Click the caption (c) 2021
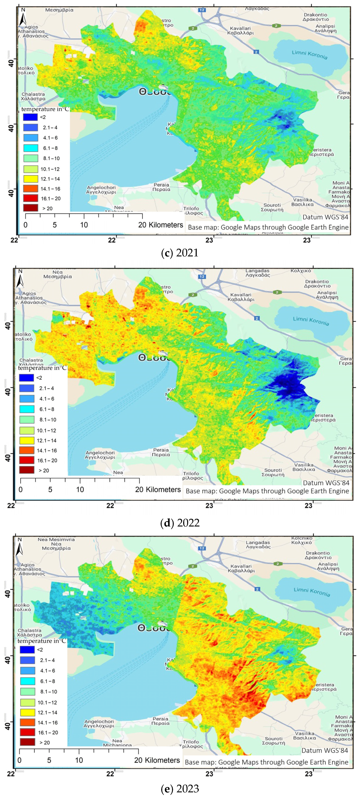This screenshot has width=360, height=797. (x=180, y=253)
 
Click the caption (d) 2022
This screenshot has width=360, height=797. (x=180, y=522)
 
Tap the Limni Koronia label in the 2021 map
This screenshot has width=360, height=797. (x=309, y=55)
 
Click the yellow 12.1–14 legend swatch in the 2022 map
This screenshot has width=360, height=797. (x=27, y=440)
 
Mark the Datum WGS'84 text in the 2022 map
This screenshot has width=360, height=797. (x=326, y=483)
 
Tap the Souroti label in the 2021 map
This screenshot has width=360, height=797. (x=272, y=207)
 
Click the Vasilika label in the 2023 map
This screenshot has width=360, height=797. (x=304, y=735)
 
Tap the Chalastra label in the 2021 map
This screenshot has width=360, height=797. (x=33, y=96)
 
